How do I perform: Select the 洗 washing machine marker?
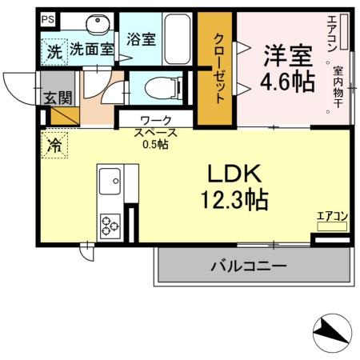54,50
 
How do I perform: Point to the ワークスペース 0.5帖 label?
156,133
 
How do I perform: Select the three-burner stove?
109,227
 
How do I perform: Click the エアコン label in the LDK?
332,215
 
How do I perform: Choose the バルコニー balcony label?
249,266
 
